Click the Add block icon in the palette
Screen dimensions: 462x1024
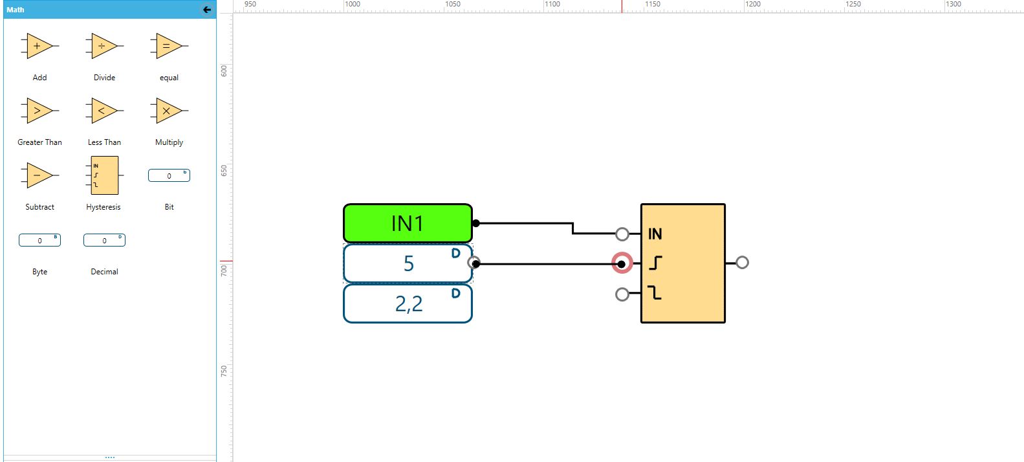tap(39, 46)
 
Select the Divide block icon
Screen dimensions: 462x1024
tap(103, 46)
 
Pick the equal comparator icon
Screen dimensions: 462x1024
tap(168, 46)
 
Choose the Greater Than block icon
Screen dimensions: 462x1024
tap(39, 111)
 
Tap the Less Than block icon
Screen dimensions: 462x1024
tap(103, 111)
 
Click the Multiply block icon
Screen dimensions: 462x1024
tap(168, 111)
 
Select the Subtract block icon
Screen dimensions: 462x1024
tap(39, 175)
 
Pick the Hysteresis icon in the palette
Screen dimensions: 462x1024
tap(104, 175)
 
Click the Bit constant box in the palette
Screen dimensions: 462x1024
tap(169, 175)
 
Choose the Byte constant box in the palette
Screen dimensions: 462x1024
tap(39, 240)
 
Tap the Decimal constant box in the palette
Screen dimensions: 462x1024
tap(104, 240)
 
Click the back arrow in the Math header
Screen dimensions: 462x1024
tap(207, 10)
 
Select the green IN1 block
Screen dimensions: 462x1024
tap(408, 223)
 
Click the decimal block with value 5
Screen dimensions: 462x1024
tap(408, 263)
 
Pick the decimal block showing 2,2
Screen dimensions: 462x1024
tap(408, 303)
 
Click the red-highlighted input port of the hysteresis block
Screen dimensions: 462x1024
tap(622, 263)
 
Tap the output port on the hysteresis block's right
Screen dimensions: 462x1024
tap(742, 262)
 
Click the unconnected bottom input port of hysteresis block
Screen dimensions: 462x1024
tap(622, 294)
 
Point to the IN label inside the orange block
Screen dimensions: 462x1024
tap(655, 234)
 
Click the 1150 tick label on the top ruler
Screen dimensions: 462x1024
tap(653, 4)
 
